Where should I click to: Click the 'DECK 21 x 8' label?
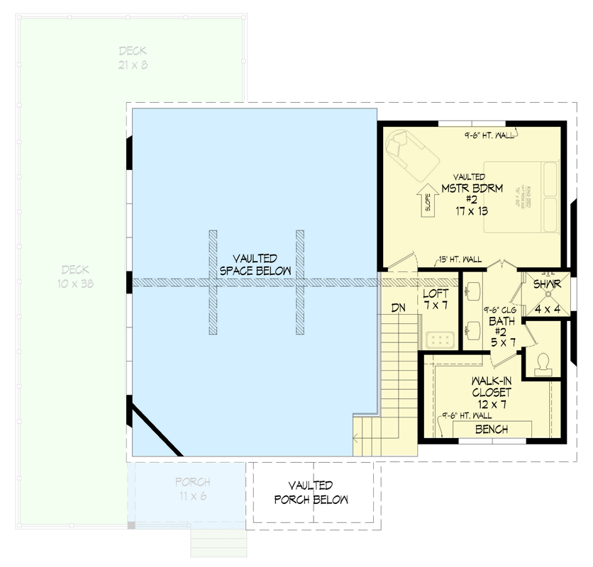pyautogui.click(x=133, y=57)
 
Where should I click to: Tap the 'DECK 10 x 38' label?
pyautogui.click(x=74, y=276)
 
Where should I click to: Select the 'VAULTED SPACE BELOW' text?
pyautogui.click(x=255, y=264)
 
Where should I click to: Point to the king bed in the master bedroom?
pyautogui.click(x=523, y=197)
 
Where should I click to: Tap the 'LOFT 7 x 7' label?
pyautogui.click(x=435, y=299)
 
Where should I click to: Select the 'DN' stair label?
pyautogui.click(x=398, y=308)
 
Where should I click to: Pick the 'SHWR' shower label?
pyautogui.click(x=547, y=284)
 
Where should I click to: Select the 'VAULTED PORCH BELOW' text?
pyautogui.click(x=311, y=493)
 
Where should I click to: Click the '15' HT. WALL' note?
pyautogui.click(x=460, y=260)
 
